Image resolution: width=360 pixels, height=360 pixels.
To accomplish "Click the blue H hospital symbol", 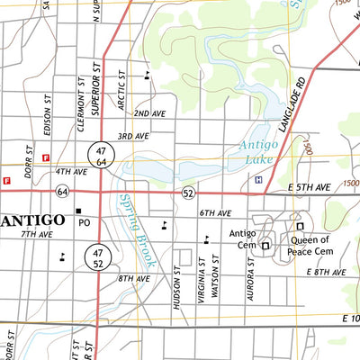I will (x=259, y=180).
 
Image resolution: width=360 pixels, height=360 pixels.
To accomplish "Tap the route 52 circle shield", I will (x=187, y=193).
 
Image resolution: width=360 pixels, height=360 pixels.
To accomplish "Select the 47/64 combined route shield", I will (x=100, y=154).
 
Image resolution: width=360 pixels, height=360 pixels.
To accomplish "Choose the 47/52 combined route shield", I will (x=98, y=258).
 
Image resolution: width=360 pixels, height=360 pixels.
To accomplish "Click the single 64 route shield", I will (x=62, y=192).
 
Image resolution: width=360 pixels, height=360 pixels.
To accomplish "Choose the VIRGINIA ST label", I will (x=203, y=279).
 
